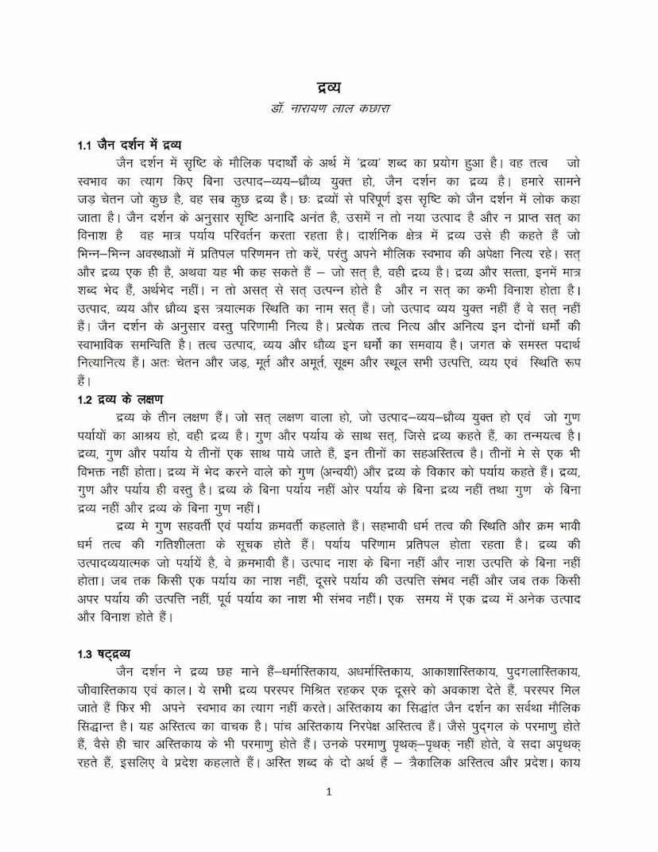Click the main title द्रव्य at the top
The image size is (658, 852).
(x=328, y=87)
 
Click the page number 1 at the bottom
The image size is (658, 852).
(x=329, y=792)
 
